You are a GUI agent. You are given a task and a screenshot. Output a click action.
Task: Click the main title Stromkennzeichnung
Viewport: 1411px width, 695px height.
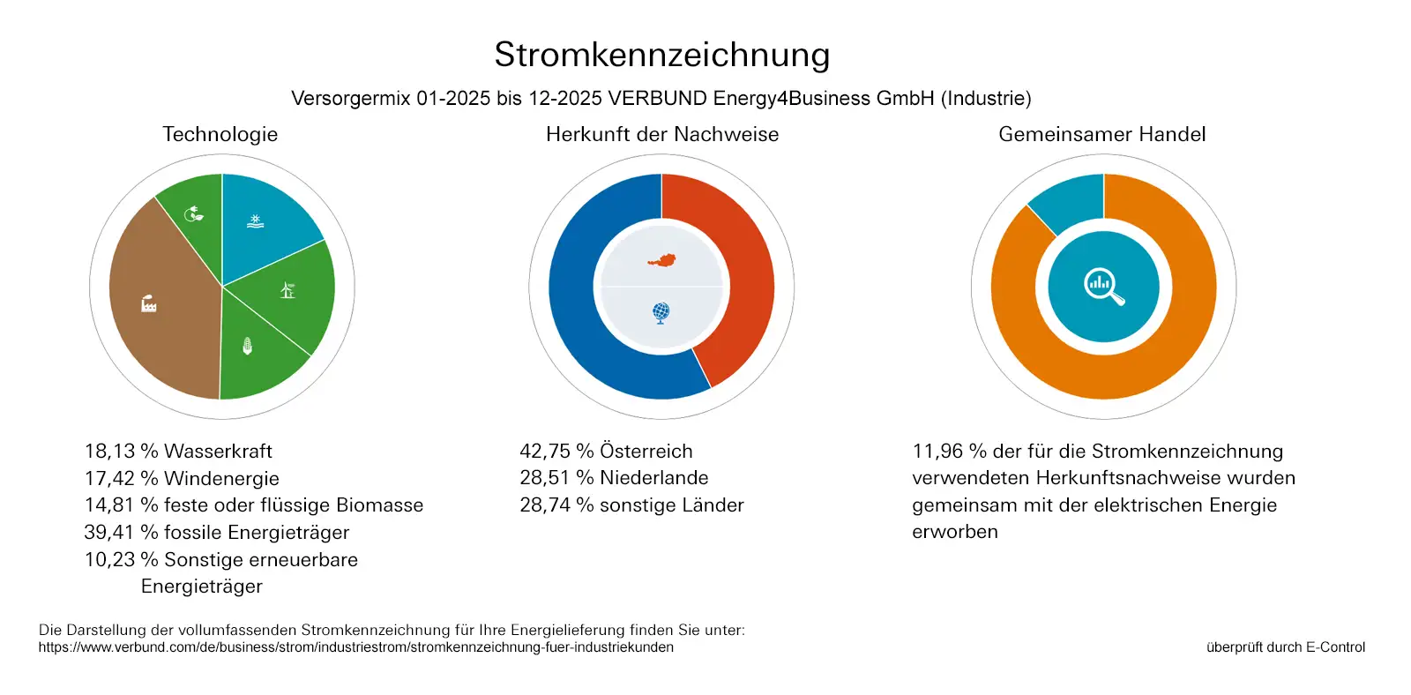click(x=661, y=55)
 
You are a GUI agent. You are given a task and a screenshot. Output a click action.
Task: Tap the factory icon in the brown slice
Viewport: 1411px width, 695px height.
click(x=149, y=304)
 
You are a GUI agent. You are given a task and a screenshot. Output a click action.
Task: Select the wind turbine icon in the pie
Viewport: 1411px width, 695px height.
click(x=287, y=289)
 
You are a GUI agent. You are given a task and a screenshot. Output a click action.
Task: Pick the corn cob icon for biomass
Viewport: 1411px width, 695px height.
click(x=248, y=346)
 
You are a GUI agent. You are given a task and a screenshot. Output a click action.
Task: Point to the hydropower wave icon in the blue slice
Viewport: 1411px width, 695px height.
click(x=255, y=220)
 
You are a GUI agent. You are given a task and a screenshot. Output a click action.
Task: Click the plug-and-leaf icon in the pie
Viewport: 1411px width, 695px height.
click(x=193, y=213)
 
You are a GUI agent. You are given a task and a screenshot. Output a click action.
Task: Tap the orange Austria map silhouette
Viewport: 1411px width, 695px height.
click(x=661, y=260)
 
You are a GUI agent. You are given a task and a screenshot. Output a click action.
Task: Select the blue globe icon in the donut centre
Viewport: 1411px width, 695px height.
click(x=661, y=312)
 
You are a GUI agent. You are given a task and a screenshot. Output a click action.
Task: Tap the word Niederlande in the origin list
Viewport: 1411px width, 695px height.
click(x=653, y=478)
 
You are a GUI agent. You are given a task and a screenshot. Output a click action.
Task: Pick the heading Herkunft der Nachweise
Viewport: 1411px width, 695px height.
click(x=662, y=134)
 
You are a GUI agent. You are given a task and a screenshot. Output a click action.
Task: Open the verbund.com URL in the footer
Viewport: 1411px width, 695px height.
click(x=355, y=647)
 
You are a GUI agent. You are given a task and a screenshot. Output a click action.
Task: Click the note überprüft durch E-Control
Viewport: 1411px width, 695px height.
click(x=1285, y=647)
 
